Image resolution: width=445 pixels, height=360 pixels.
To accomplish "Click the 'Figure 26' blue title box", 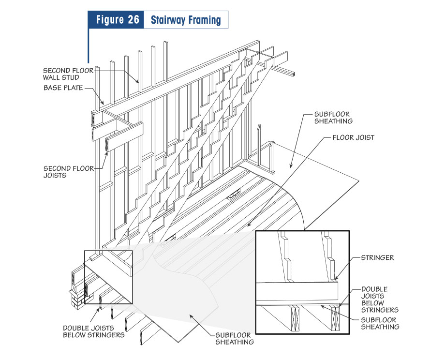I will click(116, 20).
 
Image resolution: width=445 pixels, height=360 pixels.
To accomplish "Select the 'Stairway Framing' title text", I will click(185, 20).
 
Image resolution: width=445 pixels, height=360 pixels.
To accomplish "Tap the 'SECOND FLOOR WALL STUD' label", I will click(67, 74).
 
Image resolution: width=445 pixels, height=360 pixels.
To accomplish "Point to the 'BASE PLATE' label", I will click(63, 88).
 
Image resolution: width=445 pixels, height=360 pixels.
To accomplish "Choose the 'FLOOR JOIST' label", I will click(352, 137).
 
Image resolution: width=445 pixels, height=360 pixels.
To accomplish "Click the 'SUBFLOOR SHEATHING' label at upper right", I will click(333, 118).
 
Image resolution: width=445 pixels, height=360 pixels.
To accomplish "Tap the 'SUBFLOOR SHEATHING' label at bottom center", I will click(234, 339).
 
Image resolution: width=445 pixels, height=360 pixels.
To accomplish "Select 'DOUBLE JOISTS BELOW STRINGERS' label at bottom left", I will click(93, 331).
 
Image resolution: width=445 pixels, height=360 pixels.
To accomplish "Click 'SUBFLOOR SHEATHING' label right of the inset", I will click(380, 323).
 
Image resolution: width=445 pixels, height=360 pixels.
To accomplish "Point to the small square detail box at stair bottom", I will click(108, 277).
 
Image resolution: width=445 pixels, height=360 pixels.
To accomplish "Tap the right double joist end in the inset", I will click(335, 319).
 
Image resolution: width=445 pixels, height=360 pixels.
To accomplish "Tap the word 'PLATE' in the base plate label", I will click(73, 88).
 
